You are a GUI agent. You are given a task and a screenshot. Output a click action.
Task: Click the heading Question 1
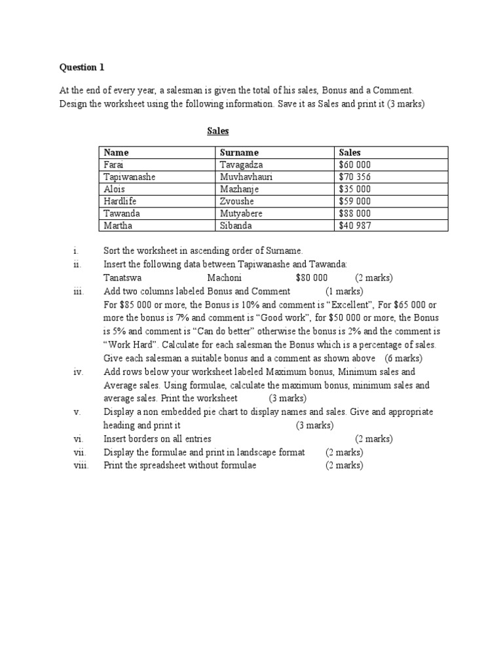(82, 67)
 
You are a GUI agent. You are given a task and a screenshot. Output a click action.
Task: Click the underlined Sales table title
(218, 131)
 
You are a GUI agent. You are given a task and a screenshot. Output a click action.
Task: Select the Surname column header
(239, 152)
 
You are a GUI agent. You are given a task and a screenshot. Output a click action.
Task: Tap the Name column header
(117, 152)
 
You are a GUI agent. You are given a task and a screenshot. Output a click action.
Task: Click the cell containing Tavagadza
(242, 165)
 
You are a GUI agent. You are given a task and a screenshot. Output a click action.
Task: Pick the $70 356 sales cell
(354, 177)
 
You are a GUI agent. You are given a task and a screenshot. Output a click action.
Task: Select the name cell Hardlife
(120, 202)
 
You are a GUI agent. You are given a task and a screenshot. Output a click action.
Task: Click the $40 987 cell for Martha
(354, 226)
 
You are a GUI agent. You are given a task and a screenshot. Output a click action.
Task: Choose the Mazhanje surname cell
(240, 189)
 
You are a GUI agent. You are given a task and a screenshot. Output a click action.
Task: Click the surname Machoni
(225, 277)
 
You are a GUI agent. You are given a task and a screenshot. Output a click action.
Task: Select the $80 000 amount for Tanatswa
(312, 277)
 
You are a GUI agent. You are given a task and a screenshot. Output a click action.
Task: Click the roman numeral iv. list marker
(78, 372)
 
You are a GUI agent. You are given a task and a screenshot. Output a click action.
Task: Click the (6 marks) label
(403, 359)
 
